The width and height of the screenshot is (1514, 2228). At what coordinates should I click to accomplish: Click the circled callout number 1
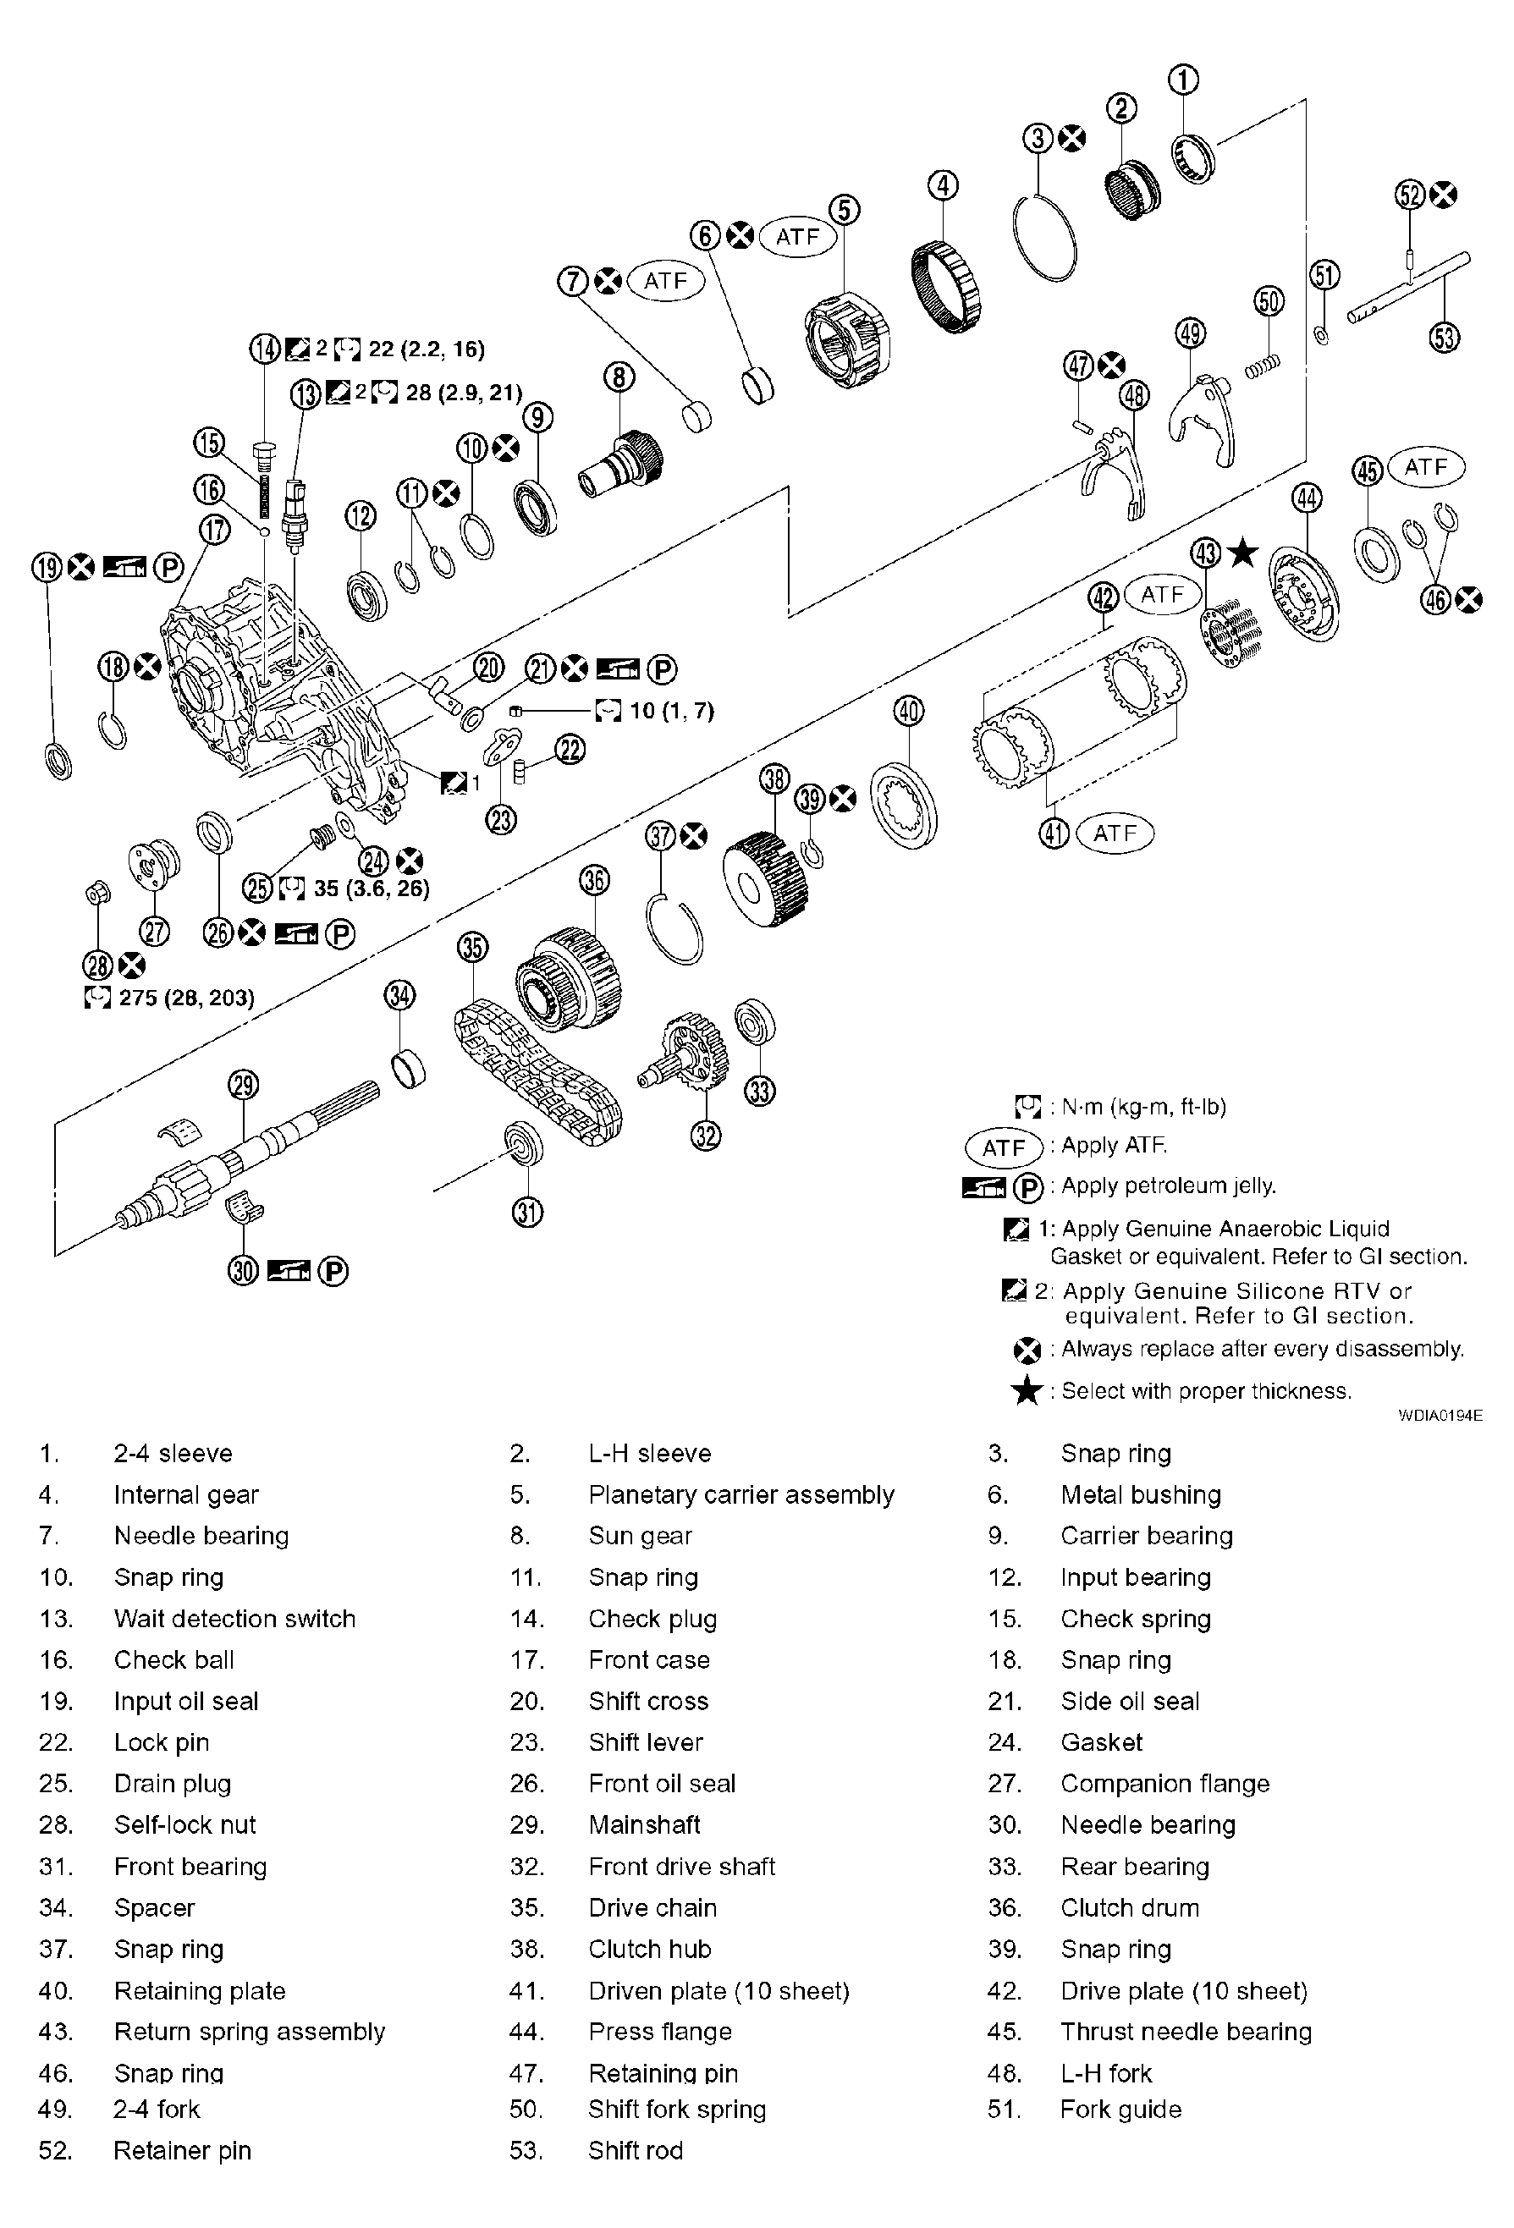(x=1185, y=79)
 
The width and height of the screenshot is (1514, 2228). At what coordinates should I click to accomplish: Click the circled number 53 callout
(x=1445, y=337)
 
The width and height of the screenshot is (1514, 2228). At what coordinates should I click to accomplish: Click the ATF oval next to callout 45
(x=1425, y=467)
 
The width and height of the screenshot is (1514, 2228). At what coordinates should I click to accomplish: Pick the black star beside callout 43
(x=1242, y=553)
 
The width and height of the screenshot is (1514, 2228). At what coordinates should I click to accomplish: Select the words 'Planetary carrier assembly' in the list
(x=740, y=1494)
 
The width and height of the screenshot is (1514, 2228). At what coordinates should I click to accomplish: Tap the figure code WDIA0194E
(x=1440, y=1415)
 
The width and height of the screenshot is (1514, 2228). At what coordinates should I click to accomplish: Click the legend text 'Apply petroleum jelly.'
(x=1168, y=1186)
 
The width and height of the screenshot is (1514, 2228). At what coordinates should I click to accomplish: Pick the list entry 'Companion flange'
(x=1164, y=1783)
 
